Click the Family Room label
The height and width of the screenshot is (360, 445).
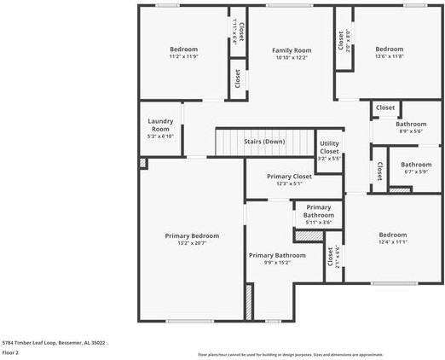point(292,50)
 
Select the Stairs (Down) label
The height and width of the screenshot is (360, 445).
point(264,142)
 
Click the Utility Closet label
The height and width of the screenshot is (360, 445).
point(329,148)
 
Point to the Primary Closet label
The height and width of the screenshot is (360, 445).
point(277,176)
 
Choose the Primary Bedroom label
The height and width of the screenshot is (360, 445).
point(192,235)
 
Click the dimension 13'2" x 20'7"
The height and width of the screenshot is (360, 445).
point(192,243)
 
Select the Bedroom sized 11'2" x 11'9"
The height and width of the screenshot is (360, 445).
point(183,49)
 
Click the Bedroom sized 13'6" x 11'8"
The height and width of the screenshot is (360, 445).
point(390,49)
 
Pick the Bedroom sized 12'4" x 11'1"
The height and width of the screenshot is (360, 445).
point(393,235)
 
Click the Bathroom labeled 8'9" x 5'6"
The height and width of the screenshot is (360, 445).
point(410,124)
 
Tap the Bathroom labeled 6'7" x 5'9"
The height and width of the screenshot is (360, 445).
point(416,165)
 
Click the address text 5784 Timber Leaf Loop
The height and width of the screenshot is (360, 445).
point(54,342)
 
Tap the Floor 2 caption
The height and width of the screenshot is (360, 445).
point(11,351)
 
